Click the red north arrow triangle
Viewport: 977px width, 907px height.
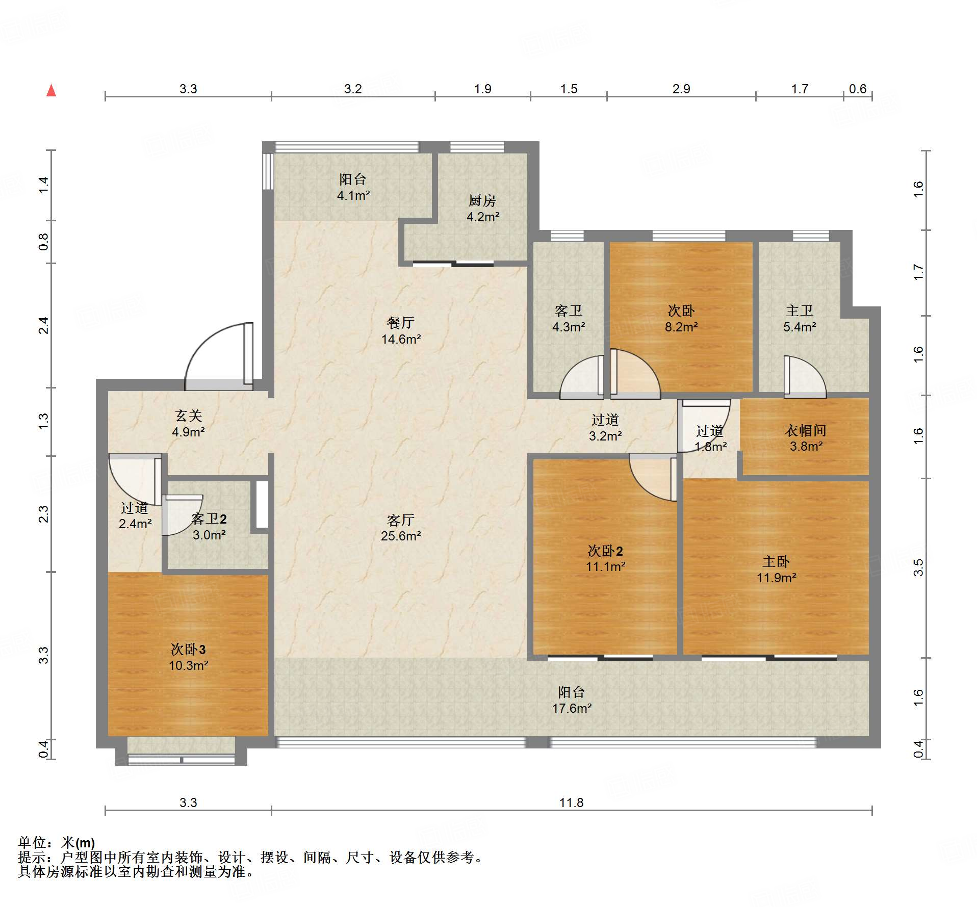51,90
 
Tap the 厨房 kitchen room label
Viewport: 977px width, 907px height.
482,200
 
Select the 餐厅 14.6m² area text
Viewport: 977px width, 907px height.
401,339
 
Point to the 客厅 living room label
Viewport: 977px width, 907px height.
400,520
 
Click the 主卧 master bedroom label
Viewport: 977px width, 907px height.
776,561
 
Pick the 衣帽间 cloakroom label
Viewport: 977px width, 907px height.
806,430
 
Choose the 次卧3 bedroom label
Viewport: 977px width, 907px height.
188,649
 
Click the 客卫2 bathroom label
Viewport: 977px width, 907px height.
209,519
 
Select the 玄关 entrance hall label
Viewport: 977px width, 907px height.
188,416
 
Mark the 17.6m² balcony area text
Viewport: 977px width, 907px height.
572,708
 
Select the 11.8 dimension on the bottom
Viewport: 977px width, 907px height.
571,802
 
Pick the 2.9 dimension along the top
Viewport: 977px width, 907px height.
681,89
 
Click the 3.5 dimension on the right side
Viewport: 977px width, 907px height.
918,567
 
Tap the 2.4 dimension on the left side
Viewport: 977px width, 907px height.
44,325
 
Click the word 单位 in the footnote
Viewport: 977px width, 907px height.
32,843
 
